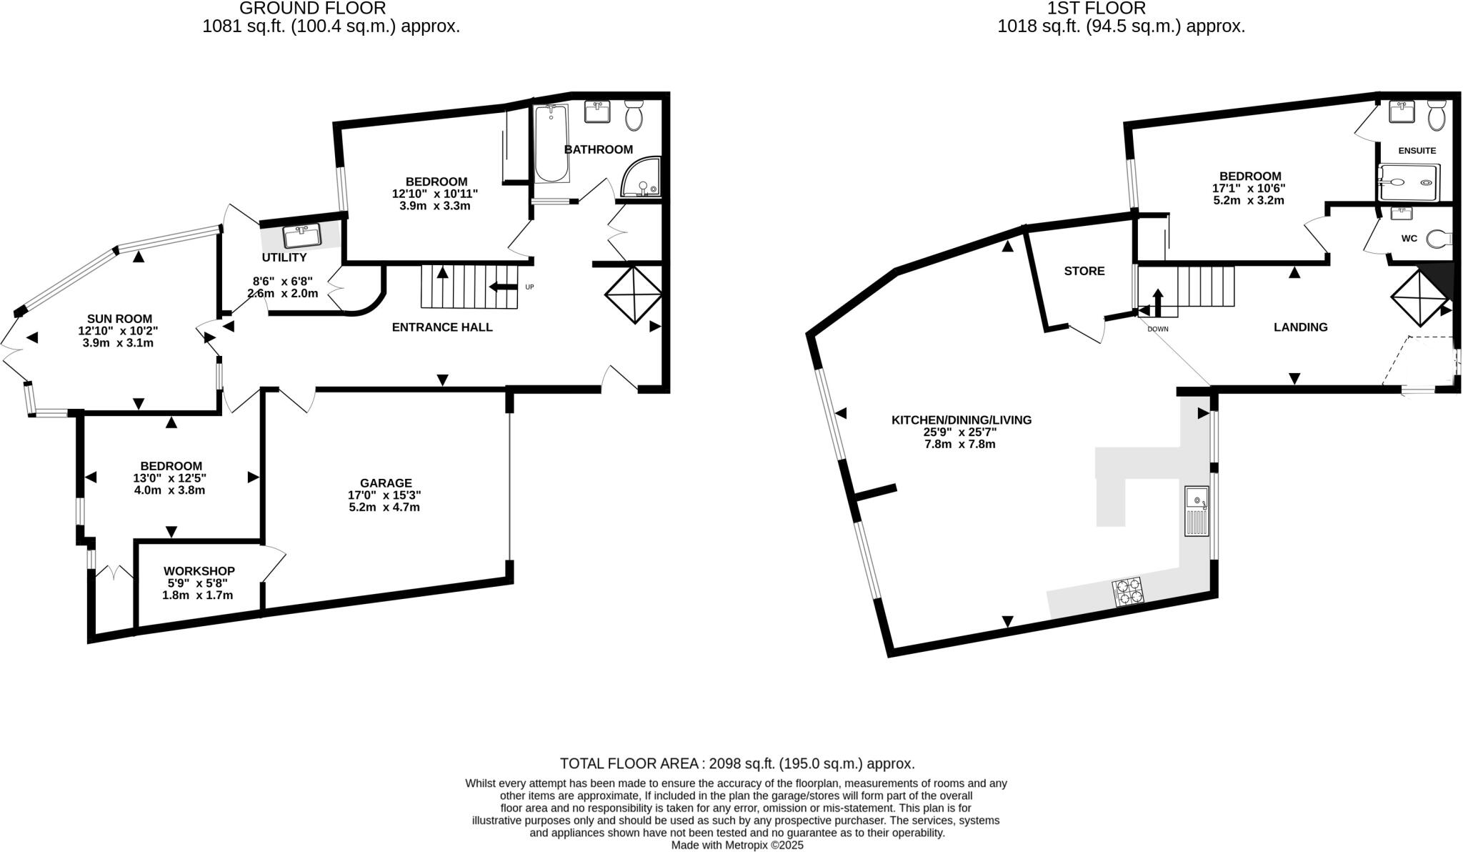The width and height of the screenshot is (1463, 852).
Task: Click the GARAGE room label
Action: (x=386, y=483)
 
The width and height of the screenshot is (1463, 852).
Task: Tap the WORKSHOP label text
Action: (x=199, y=571)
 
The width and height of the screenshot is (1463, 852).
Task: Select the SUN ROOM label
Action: (x=119, y=319)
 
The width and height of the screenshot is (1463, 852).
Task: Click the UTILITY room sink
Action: (x=301, y=236)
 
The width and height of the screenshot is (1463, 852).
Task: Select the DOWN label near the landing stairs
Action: (x=1158, y=330)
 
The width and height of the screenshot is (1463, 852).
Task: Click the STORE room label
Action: (x=1084, y=271)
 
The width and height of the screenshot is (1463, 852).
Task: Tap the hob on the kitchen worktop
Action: (x=1128, y=591)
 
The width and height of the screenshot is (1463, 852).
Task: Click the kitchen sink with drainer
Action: (x=1196, y=510)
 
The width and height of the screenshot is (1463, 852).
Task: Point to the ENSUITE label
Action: (x=1417, y=151)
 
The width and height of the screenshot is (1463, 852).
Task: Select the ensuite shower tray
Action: (x=1407, y=182)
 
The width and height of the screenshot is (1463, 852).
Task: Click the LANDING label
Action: (x=1300, y=327)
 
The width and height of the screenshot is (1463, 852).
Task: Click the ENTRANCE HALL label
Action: (x=442, y=327)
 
